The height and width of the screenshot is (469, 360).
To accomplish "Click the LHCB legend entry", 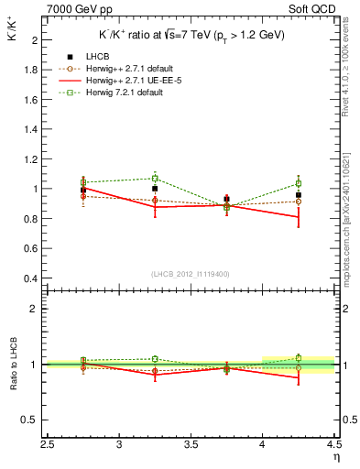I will (94, 56).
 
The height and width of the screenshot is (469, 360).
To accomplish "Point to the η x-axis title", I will (335, 457).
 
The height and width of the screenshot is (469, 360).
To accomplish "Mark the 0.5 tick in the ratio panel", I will (30, 420).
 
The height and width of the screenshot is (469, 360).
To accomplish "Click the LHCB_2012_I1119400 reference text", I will (191, 274).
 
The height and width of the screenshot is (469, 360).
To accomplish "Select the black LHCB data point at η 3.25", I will (155, 189).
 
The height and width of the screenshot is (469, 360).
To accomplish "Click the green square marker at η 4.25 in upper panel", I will (298, 183).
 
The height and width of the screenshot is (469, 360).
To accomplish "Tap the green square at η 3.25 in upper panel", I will (155, 179).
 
